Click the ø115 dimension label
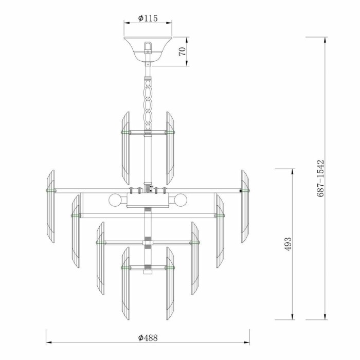(x=148, y=19)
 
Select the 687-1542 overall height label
(x=320, y=179)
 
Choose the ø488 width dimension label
(x=148, y=338)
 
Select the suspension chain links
(x=148, y=103)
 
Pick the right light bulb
(x=181, y=199)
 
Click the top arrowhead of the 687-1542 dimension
(x=325, y=39)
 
